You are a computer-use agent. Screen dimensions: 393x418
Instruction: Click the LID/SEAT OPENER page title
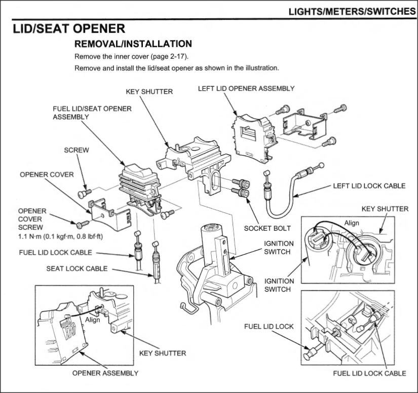pos(69,28)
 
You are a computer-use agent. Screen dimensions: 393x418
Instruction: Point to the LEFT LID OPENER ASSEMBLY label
pos(246,89)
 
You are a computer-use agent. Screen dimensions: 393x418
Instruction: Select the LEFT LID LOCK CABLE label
pos(369,186)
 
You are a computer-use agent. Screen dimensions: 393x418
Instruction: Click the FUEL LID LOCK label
pos(269,326)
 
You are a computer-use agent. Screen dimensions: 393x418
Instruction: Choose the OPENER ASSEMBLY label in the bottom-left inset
pos(105,373)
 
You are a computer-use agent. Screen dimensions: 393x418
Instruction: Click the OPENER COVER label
pos(47,174)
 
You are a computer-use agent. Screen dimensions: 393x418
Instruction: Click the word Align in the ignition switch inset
pos(352,223)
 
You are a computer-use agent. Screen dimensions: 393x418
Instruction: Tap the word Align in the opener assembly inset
pos(92,320)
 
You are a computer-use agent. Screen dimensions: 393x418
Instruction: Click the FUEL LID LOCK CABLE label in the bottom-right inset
pos(369,373)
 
